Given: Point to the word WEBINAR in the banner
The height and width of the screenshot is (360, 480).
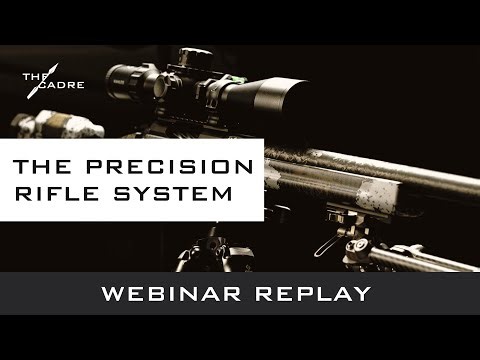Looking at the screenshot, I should pos(167,294).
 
